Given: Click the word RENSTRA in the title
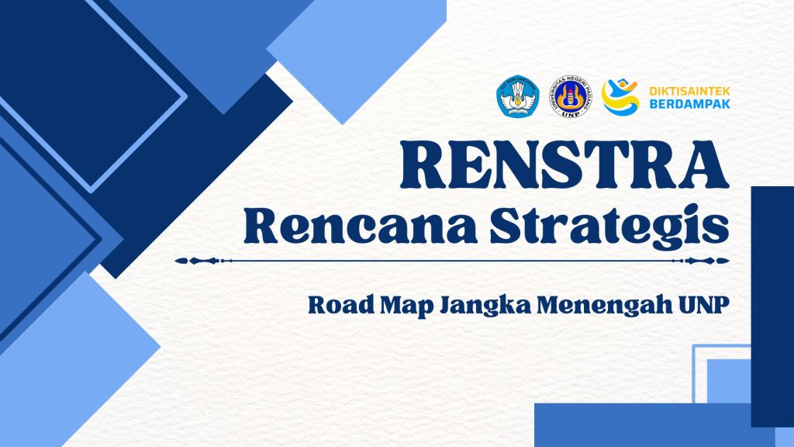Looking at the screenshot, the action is pyautogui.click(x=564, y=165).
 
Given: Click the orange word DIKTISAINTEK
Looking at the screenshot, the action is pyautogui.click(x=689, y=92).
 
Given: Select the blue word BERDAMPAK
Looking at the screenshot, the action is pyautogui.click(x=689, y=104).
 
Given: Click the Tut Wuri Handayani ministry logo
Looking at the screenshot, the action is pyautogui.click(x=517, y=97).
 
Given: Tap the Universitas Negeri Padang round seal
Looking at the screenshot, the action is pyautogui.click(x=571, y=97).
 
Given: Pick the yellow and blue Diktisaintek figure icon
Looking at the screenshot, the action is pyautogui.click(x=620, y=97).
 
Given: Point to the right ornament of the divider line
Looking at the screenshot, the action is pyautogui.click(x=701, y=261).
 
